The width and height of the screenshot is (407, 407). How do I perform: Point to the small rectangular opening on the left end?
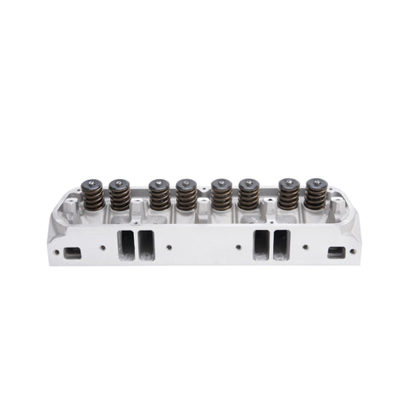point(73,252)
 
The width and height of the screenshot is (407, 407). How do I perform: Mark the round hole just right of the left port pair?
point(171,248)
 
